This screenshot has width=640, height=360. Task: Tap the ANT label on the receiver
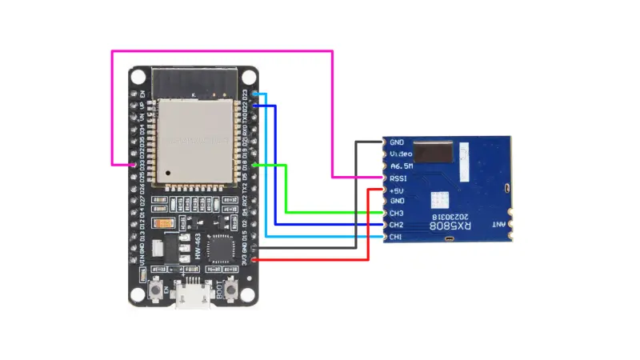point(498,226)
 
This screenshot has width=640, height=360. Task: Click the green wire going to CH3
point(286,192)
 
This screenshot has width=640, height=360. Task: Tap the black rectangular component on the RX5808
point(432,152)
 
